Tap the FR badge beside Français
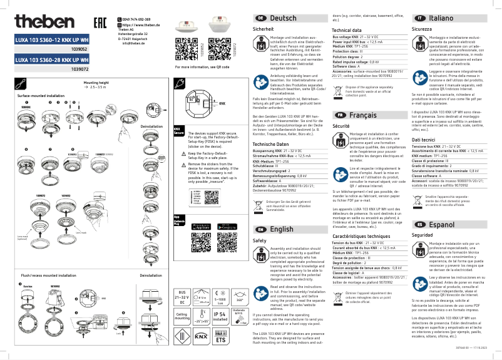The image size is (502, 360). tap(339, 115)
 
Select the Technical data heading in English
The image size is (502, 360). tap(346, 30)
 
